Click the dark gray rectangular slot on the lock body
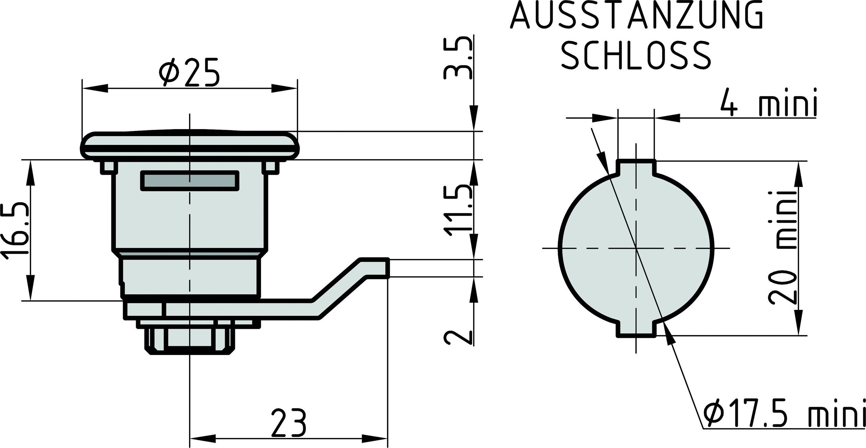coord(190,180)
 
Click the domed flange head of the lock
coord(190,144)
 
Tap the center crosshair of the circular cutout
coord(636,248)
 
